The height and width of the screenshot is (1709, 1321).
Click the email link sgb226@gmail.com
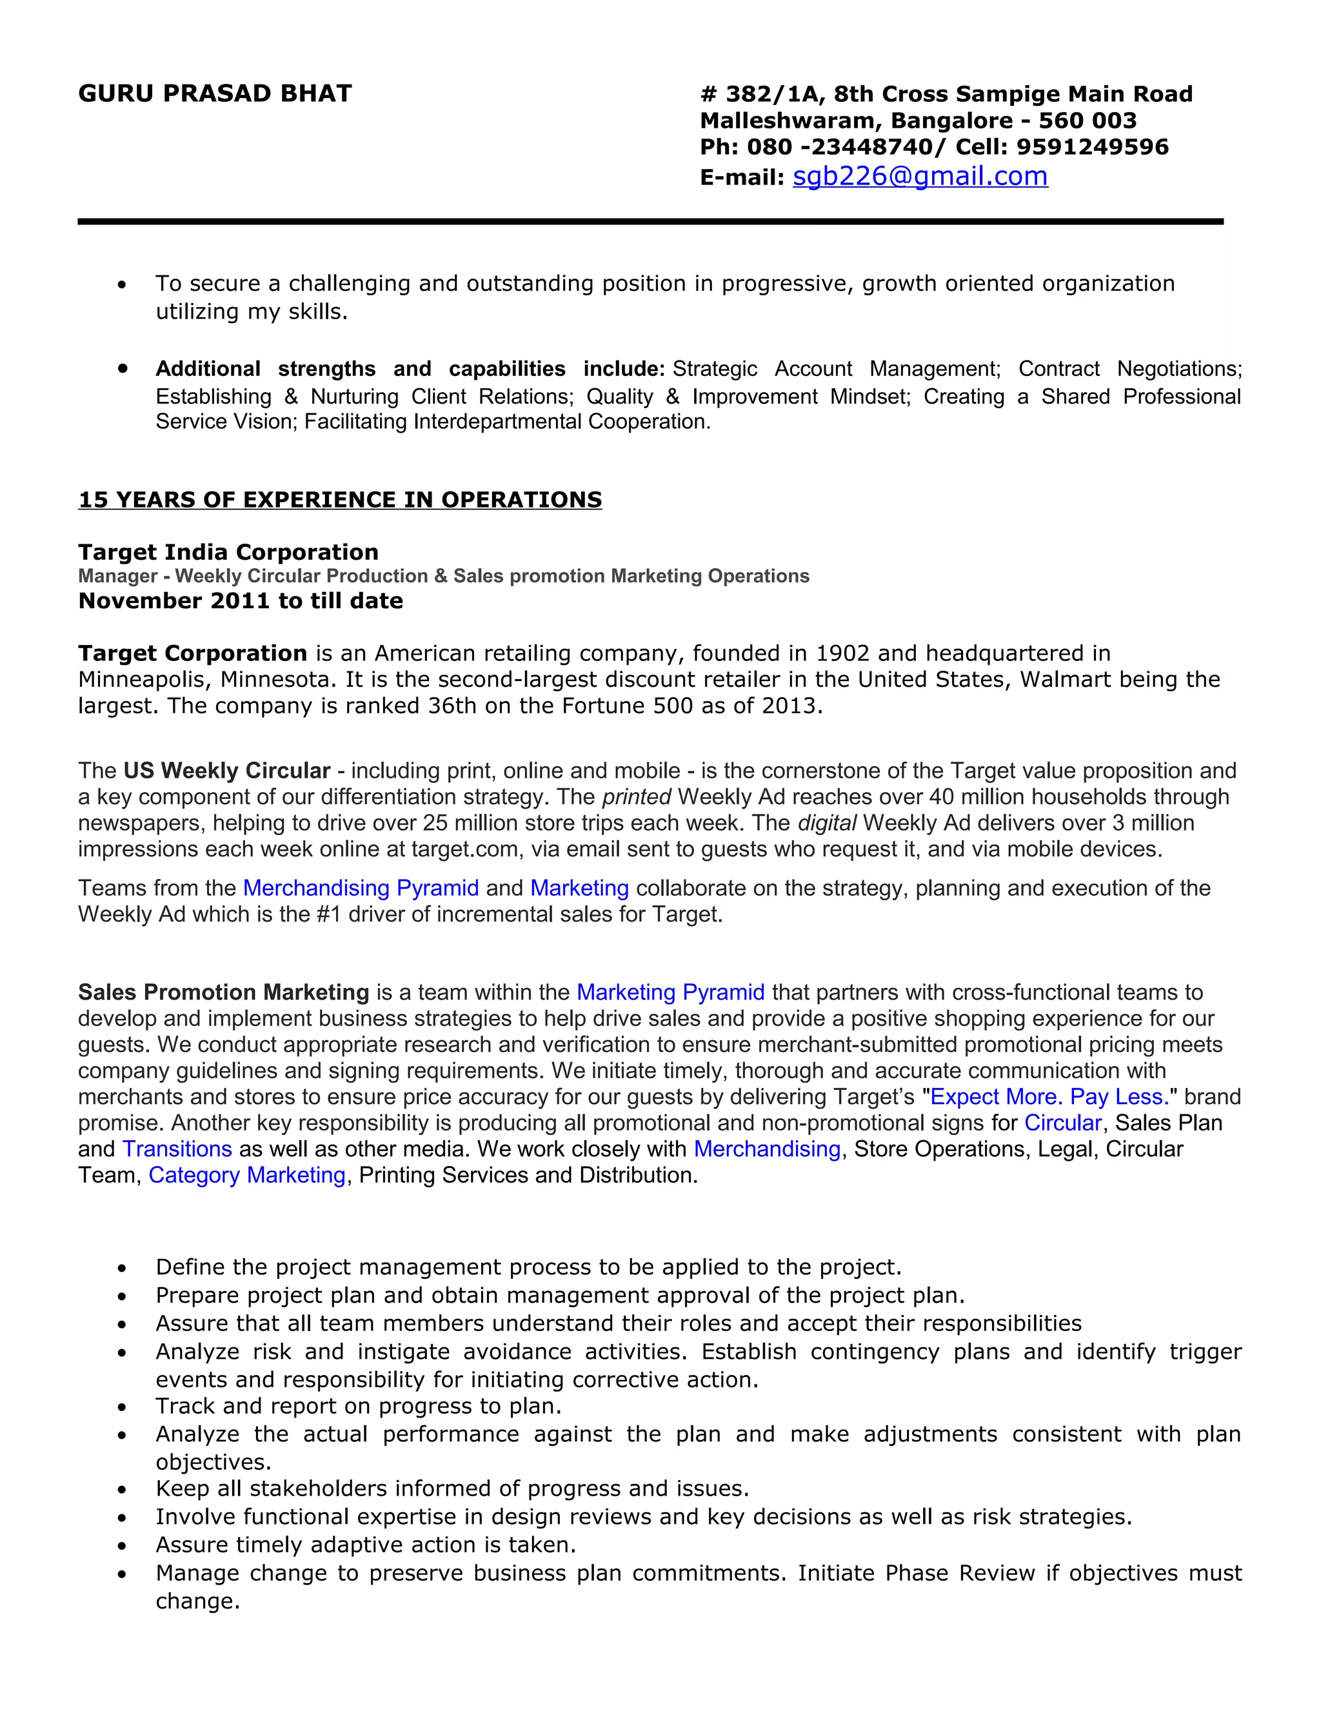tap(920, 177)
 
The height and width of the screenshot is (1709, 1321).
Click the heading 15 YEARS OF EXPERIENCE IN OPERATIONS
tap(340, 500)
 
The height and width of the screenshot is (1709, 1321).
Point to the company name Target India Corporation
tap(228, 553)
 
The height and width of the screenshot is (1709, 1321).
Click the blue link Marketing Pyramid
tap(670, 993)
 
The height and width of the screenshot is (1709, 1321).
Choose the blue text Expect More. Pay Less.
tap(1049, 1097)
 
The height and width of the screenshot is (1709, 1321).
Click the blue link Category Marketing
tap(247, 1175)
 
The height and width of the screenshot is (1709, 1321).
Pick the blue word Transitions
tap(177, 1149)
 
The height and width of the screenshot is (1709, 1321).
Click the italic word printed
tap(636, 796)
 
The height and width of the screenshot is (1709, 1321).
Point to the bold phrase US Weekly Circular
tap(227, 771)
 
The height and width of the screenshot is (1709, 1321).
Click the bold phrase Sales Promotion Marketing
tap(223, 993)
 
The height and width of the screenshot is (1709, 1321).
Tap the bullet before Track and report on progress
tap(122, 1407)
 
